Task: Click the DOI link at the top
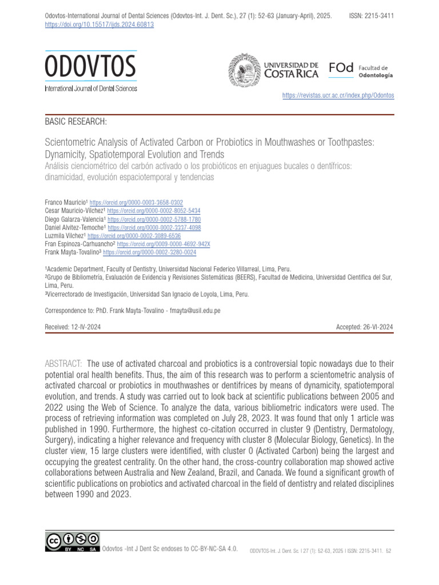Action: click(x=99, y=25)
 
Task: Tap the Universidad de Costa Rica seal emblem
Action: click(x=244, y=70)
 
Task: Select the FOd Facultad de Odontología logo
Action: click(x=361, y=70)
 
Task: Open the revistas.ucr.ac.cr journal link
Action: click(x=338, y=95)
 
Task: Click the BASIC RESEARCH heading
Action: click(x=75, y=122)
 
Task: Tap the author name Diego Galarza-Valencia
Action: click(x=74, y=219)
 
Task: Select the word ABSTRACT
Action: click(x=63, y=364)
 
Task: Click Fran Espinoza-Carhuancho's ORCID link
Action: click(x=163, y=244)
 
